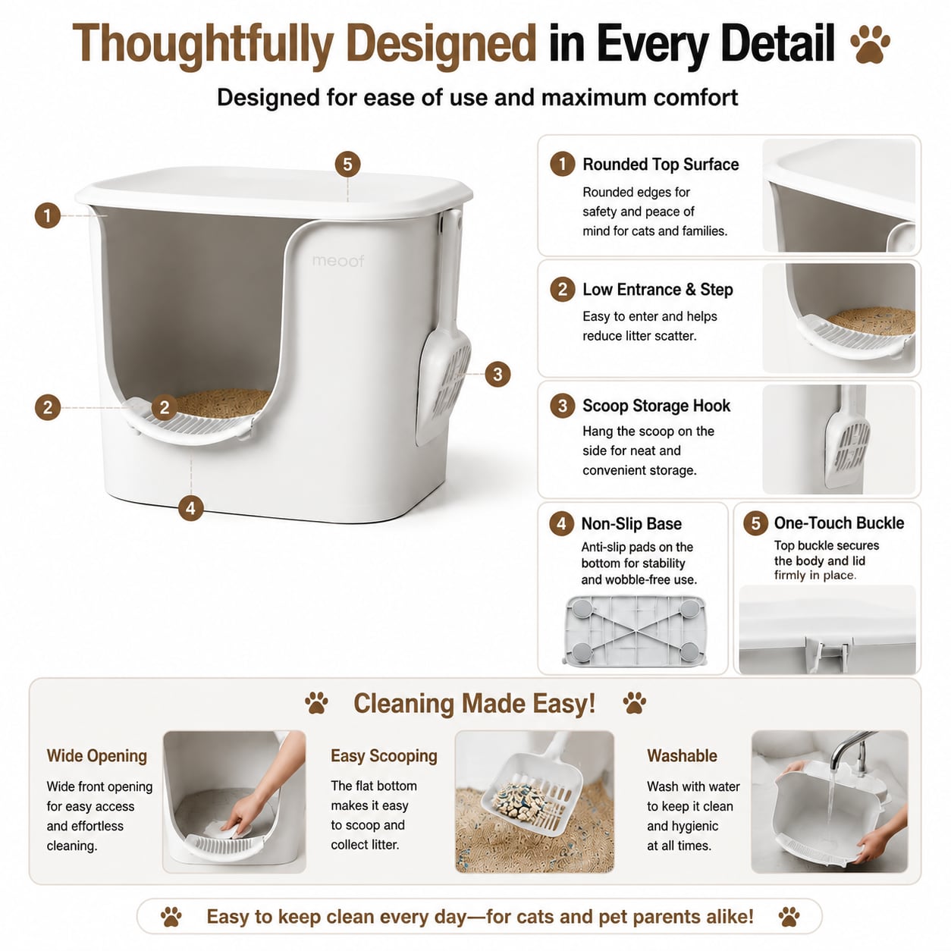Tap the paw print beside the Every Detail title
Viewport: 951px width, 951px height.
(x=870, y=45)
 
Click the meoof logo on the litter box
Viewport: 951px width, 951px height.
(x=338, y=261)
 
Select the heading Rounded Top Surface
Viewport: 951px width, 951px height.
(x=661, y=165)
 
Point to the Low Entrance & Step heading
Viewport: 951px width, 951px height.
(x=658, y=290)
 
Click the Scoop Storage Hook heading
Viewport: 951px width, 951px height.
(x=656, y=406)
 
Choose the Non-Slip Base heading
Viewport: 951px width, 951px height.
(x=631, y=523)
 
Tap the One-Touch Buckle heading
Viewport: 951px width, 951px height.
(x=839, y=523)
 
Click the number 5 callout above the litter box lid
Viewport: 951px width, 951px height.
(x=347, y=164)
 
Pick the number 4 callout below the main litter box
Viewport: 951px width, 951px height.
(x=191, y=508)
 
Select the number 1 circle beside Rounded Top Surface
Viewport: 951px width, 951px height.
(x=563, y=164)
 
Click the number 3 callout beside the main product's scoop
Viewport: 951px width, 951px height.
(x=497, y=374)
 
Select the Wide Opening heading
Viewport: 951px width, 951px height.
(x=97, y=756)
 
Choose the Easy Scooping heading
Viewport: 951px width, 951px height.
(x=384, y=756)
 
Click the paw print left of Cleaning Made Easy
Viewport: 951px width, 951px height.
(x=316, y=703)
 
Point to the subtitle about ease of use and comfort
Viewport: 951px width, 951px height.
(x=477, y=98)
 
